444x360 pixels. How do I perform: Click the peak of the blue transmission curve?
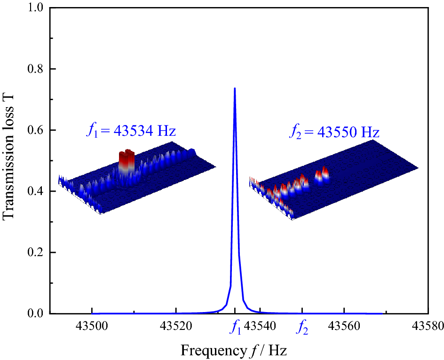234,88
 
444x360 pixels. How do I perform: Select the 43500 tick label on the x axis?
92,325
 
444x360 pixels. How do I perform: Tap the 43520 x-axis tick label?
176,325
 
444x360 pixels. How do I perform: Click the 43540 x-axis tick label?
260,325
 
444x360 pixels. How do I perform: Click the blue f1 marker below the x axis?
235,328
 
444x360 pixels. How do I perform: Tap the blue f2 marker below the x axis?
302,328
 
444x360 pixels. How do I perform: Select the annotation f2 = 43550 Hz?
334,132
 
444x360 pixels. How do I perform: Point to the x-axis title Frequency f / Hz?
234,350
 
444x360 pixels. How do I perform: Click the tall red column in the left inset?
127,160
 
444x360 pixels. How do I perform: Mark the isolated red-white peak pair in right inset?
322,175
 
